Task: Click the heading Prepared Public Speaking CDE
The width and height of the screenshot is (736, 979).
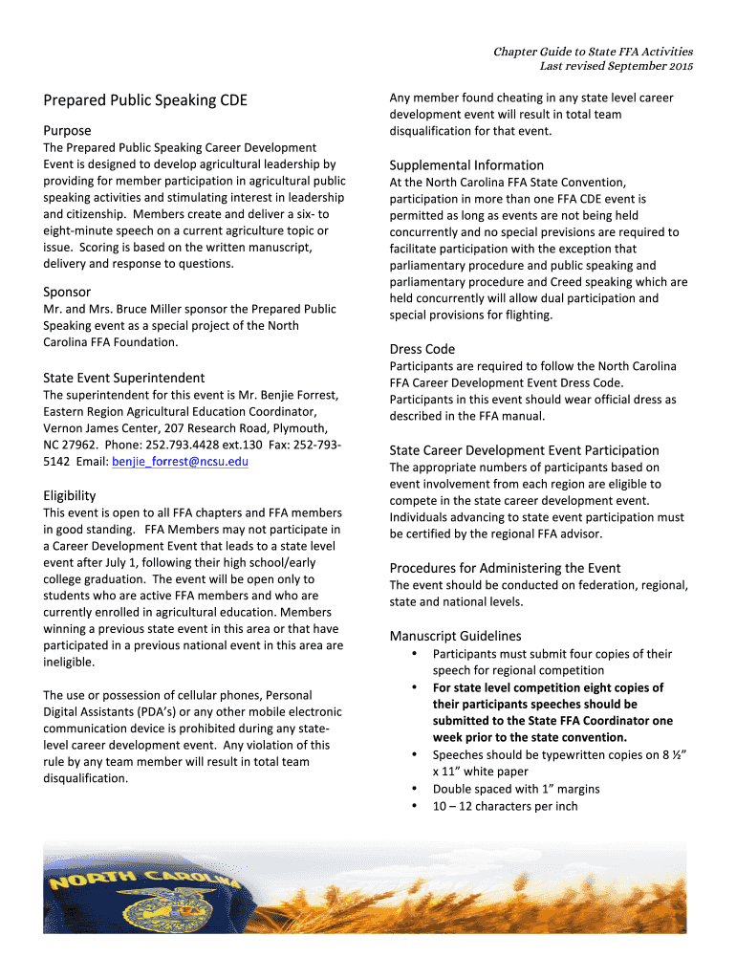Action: tap(145, 99)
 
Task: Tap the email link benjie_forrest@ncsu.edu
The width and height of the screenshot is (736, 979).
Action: tap(180, 462)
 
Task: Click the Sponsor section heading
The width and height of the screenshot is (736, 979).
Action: tap(68, 292)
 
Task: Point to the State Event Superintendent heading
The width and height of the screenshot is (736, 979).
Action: tap(124, 378)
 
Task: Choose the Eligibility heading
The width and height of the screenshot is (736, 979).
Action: tap(70, 495)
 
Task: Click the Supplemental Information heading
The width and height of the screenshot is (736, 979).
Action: tap(466, 164)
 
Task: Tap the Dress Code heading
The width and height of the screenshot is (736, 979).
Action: tap(422, 349)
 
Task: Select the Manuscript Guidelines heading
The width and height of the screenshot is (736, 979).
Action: tap(456, 636)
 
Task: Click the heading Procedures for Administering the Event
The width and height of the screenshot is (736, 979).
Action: tap(505, 568)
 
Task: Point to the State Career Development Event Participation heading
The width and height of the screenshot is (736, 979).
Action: tap(524, 450)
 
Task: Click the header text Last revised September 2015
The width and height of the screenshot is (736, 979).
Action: tap(617, 66)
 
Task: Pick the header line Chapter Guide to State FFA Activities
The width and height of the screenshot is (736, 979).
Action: tap(593, 52)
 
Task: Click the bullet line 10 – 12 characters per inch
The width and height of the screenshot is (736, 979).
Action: tap(505, 806)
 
